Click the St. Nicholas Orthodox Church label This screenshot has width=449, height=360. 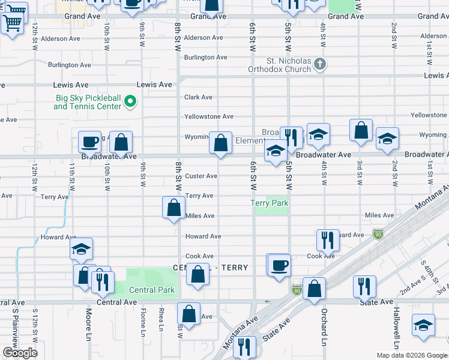[x=289, y=65]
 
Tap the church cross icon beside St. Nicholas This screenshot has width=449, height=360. [x=321, y=64]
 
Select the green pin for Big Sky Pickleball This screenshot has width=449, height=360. [x=130, y=102]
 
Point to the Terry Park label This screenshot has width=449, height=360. [x=270, y=203]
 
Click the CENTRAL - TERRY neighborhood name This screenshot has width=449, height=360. [x=210, y=268]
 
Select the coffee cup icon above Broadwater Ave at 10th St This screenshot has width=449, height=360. [x=89, y=143]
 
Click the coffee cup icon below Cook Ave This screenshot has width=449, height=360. [x=278, y=265]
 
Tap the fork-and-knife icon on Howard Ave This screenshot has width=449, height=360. [x=328, y=240]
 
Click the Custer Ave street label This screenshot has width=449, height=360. [x=201, y=176]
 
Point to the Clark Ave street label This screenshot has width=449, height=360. [x=198, y=97]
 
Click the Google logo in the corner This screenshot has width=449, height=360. [x=20, y=353]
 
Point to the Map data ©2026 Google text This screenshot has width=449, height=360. [x=411, y=355]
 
